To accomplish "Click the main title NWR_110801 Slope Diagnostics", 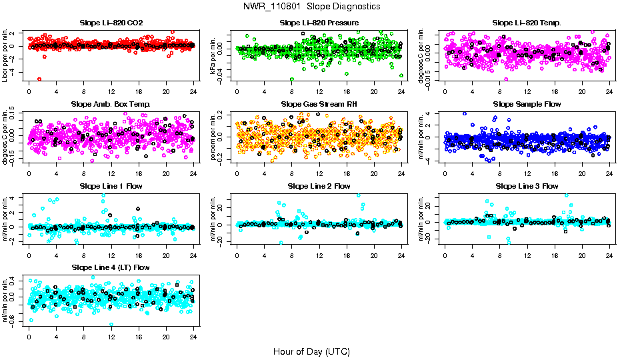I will pos(312,6).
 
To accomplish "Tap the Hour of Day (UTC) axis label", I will pos(311,351).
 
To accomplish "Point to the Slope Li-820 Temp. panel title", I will pos(527,23).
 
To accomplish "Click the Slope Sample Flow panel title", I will pos(527,105).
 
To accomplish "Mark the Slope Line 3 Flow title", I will pos(527,186).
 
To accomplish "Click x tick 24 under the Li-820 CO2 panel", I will pos(193,92).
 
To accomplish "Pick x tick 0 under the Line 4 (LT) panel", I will pos(29,336).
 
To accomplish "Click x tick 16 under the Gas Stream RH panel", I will pos(347,173).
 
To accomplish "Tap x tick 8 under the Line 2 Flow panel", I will pos(291,255).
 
